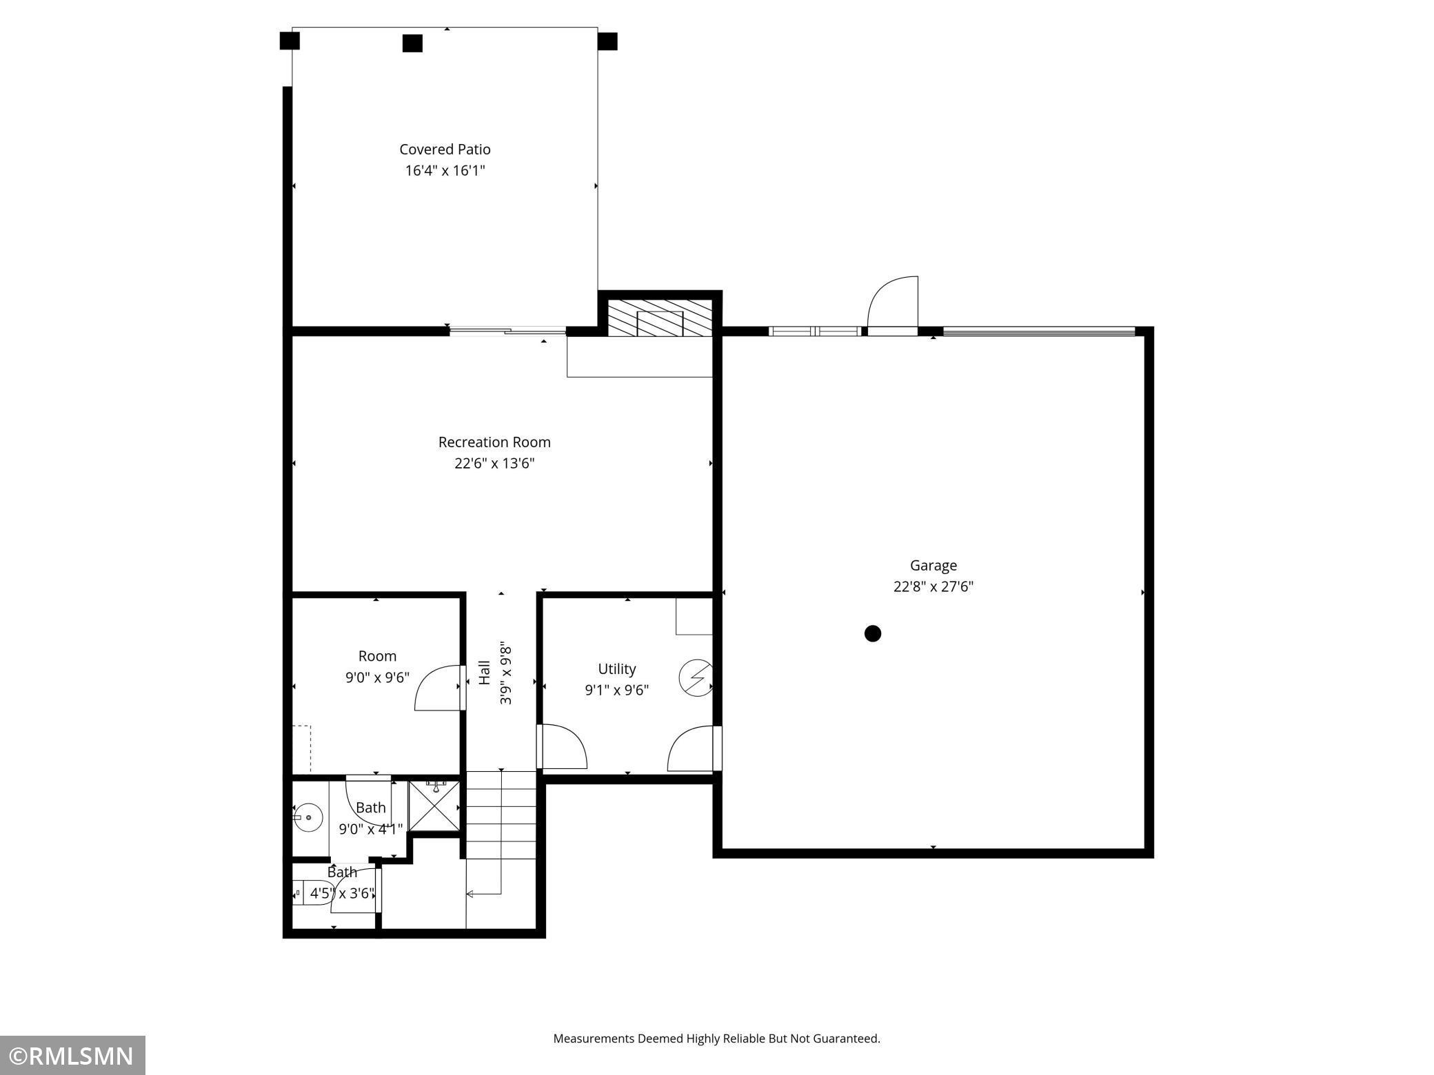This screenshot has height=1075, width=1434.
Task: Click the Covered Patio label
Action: point(445,150)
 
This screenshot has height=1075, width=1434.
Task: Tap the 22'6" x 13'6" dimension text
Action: point(494,463)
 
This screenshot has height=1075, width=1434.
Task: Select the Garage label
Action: point(933,565)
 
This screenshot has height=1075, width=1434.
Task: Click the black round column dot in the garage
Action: point(873,633)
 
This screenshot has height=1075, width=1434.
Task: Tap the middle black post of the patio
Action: point(412,43)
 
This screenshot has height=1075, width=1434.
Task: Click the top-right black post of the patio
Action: point(607,41)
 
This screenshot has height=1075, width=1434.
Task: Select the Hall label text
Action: point(485,673)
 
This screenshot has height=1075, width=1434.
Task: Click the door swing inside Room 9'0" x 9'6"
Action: point(438,688)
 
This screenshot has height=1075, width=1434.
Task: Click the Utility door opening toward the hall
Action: point(563,746)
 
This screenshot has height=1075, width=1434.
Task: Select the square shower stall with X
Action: point(434,806)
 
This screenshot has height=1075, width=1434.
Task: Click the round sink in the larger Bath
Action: point(309,818)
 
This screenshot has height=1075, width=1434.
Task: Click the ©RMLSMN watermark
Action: point(72,1056)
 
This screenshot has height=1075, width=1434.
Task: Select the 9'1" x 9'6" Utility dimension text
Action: point(616,690)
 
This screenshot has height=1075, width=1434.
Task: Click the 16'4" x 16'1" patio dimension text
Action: point(445,170)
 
